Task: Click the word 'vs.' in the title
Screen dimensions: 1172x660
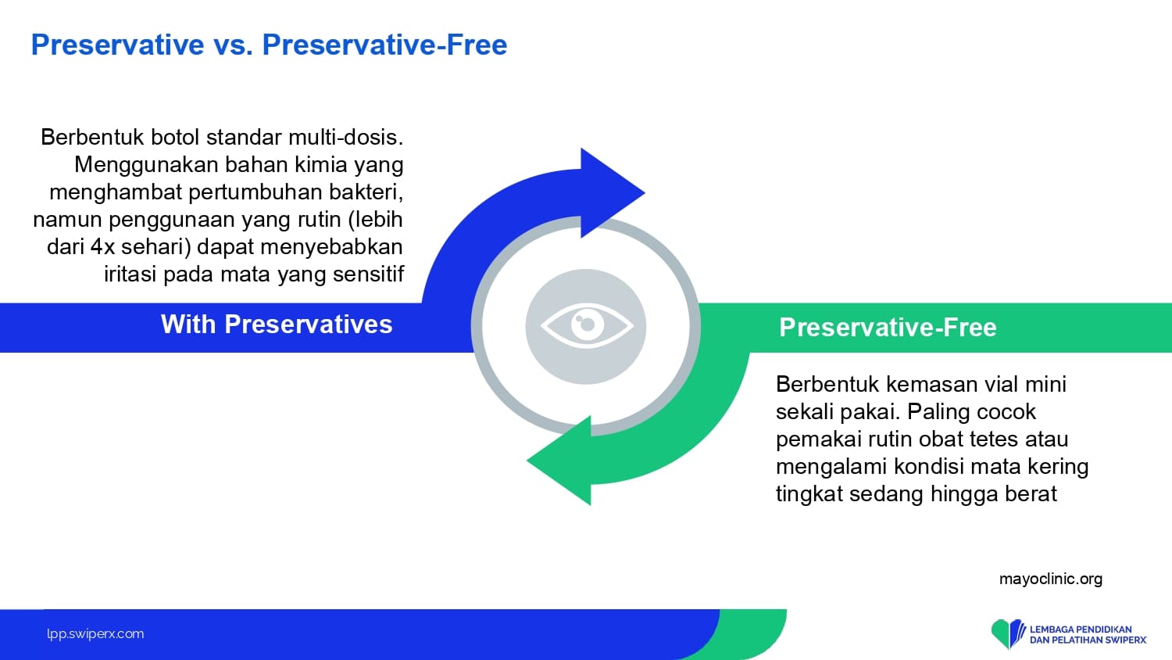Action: (233, 45)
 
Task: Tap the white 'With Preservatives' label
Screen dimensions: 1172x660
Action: (277, 325)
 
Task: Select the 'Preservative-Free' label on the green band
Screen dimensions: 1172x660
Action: (888, 328)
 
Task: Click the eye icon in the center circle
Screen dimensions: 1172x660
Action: (587, 326)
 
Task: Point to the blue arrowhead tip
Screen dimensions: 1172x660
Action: (644, 193)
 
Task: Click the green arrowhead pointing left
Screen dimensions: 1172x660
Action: (559, 461)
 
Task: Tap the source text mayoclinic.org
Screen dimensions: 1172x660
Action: (1051, 579)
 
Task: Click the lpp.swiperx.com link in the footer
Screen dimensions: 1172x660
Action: (95, 634)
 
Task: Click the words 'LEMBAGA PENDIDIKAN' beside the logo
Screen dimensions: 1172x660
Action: (1081, 629)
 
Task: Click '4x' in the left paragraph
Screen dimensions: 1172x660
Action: (102, 246)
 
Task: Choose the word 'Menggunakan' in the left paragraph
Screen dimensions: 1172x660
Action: (146, 165)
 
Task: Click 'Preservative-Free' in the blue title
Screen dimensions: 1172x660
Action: (384, 45)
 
